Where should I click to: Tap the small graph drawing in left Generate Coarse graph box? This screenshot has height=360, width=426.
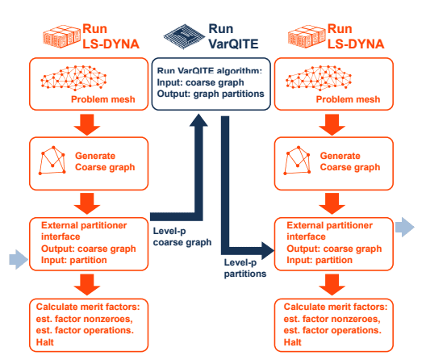54,161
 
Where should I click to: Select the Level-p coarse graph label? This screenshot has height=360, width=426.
180,237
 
